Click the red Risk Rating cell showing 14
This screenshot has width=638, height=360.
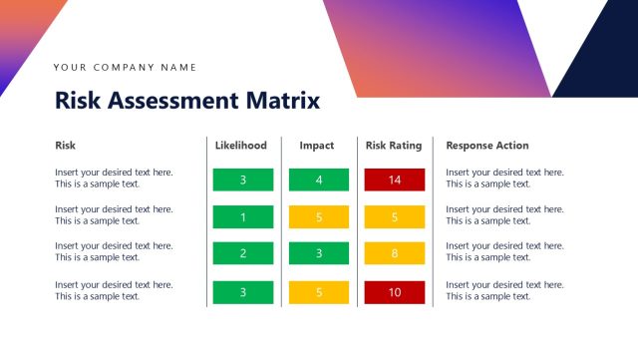click(x=395, y=180)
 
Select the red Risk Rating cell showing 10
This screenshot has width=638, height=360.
click(x=395, y=292)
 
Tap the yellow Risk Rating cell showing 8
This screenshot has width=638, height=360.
click(x=395, y=254)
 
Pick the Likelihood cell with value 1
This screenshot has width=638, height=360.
click(x=242, y=217)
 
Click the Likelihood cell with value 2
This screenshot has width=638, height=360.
click(x=242, y=254)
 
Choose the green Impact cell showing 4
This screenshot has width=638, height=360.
click(x=319, y=180)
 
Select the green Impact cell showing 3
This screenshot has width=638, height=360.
click(x=319, y=254)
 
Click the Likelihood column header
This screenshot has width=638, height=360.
click(x=241, y=146)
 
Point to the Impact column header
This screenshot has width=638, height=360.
click(x=317, y=146)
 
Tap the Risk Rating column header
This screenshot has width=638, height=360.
click(x=394, y=146)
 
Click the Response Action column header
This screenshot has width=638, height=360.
click(x=487, y=146)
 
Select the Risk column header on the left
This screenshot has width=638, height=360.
click(x=65, y=146)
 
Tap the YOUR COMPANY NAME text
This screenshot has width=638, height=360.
click(x=126, y=68)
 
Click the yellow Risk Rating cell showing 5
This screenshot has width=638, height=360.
click(x=395, y=217)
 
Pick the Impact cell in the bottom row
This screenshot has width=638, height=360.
click(x=319, y=292)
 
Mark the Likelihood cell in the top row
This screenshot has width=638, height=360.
click(x=242, y=180)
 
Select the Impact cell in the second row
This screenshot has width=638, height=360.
click(x=319, y=217)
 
